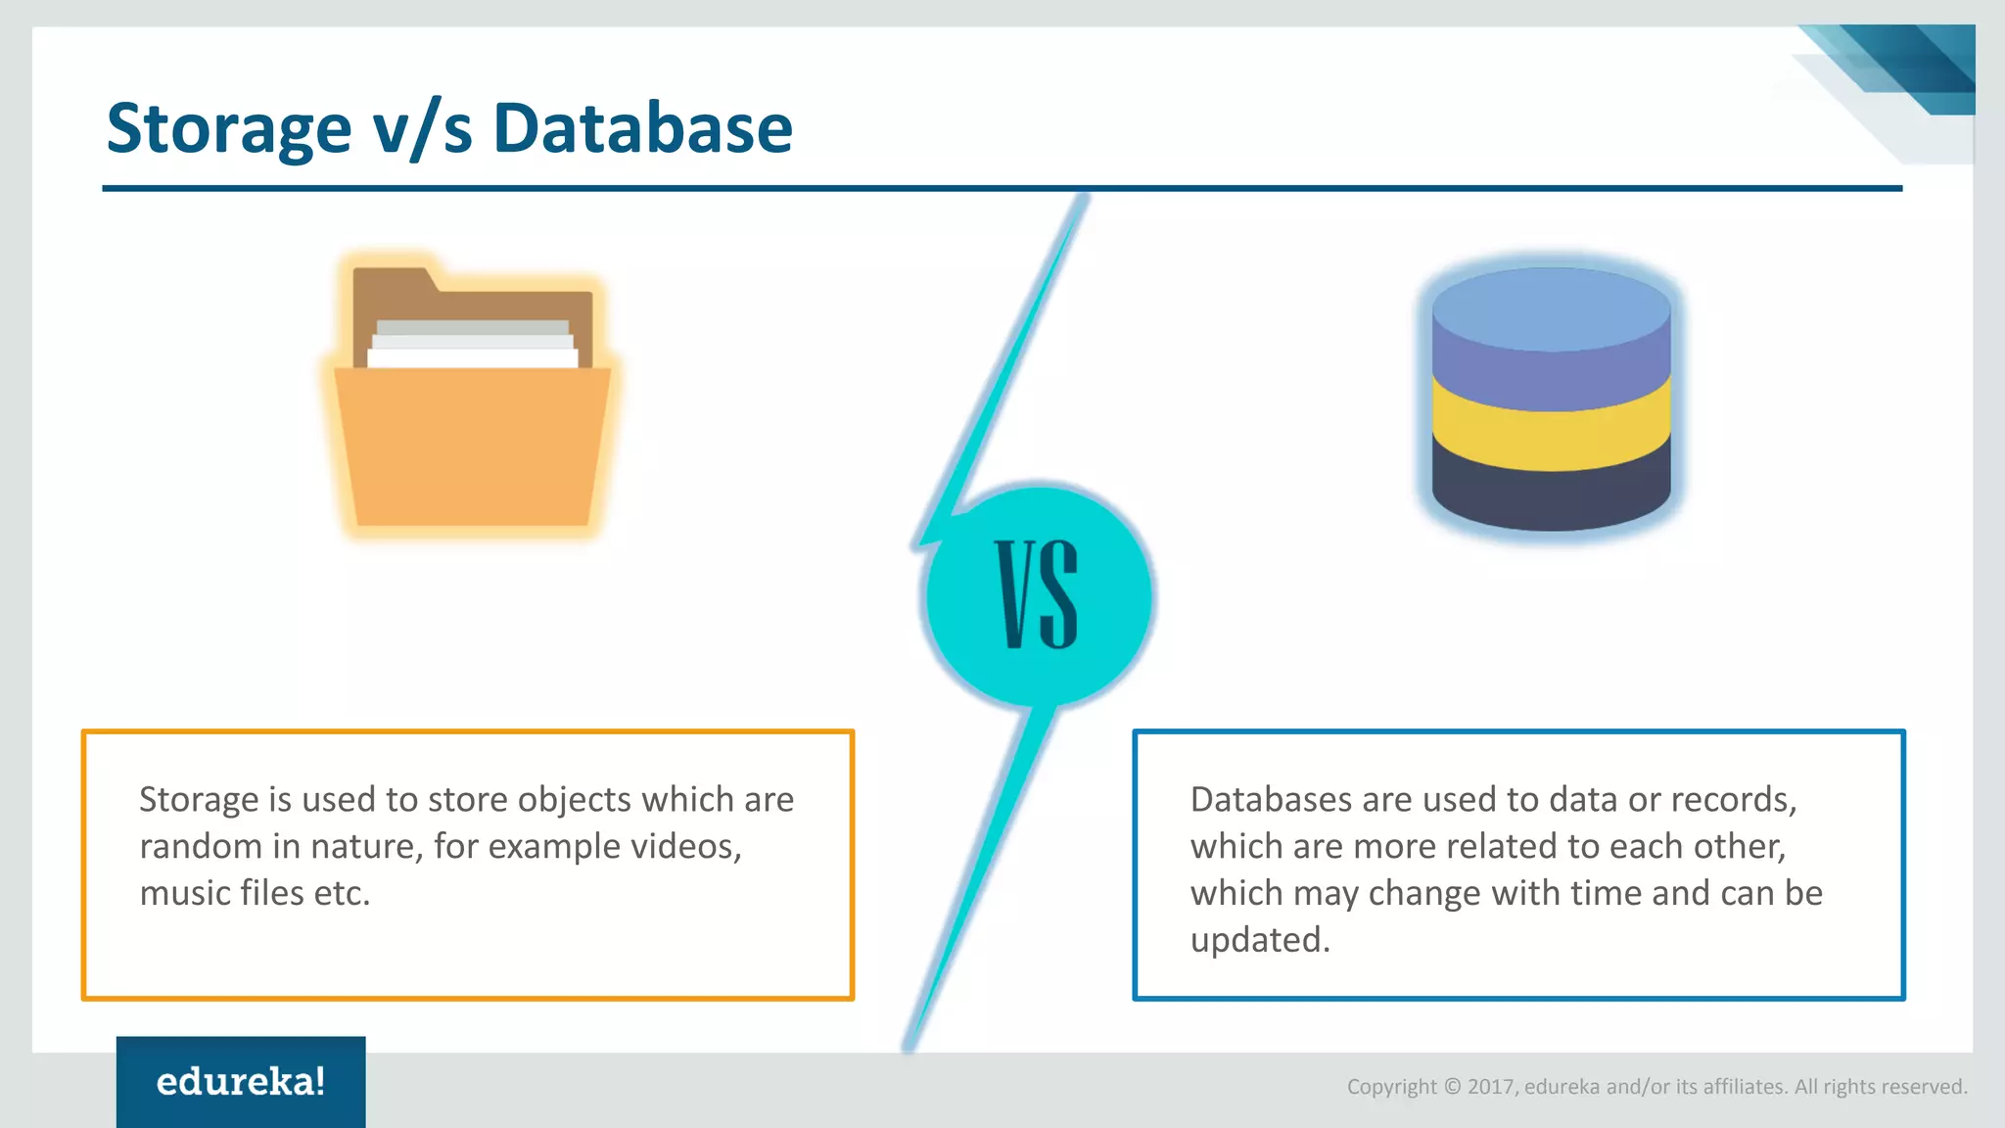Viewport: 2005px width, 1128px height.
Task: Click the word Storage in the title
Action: point(228,129)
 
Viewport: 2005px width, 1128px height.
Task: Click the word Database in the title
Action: point(642,129)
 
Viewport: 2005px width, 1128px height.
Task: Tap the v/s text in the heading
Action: point(422,129)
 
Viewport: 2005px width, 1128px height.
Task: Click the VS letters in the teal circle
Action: point(1038,594)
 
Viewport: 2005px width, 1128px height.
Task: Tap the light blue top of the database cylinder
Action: point(1551,307)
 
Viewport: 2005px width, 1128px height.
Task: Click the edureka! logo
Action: point(241,1082)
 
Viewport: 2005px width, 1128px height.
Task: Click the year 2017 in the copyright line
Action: point(1491,1087)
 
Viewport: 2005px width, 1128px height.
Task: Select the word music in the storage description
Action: point(185,893)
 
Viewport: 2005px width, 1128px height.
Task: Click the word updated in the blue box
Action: point(1259,940)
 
